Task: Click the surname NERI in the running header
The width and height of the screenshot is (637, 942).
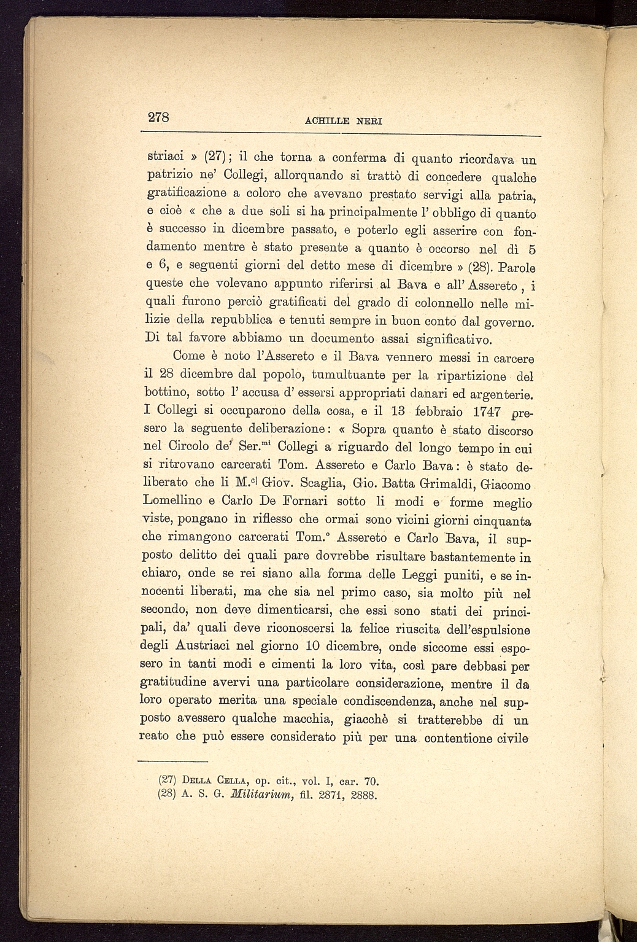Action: click(366, 121)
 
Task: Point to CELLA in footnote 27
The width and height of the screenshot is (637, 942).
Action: click(229, 781)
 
